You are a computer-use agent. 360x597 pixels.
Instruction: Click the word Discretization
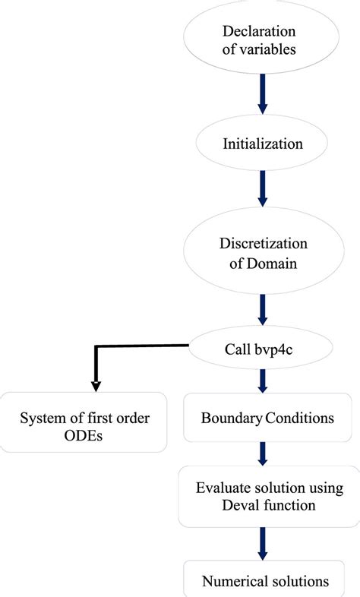262,245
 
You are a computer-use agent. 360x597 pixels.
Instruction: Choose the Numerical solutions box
265,580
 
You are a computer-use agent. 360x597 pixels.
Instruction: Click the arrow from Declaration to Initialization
262,91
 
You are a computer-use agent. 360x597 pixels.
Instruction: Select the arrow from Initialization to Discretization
262,188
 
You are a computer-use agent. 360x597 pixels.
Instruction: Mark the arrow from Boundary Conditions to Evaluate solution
262,453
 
